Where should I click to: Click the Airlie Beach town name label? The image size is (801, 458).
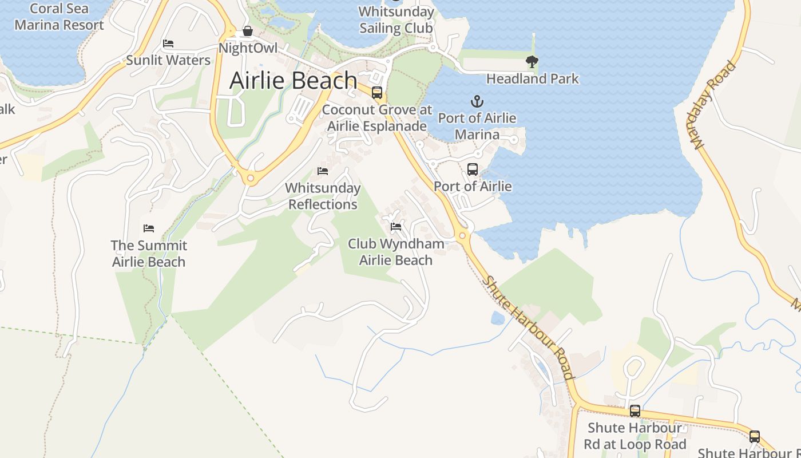point(293,81)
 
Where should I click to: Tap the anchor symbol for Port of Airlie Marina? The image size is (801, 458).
point(477,102)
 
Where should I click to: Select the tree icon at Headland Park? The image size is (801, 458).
point(532,61)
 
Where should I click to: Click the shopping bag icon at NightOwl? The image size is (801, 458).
point(248,31)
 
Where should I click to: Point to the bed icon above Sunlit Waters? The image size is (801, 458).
point(168,44)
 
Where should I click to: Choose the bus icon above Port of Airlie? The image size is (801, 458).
point(472,169)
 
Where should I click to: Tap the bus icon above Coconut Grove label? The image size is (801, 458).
point(376,92)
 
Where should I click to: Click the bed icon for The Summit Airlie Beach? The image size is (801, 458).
point(149,228)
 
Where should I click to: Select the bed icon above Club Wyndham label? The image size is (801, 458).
point(395,227)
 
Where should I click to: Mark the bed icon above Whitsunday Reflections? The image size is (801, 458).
point(323,171)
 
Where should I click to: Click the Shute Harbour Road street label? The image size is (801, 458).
point(527,328)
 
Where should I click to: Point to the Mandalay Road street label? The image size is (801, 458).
point(715,105)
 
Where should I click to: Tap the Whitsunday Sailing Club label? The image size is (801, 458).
point(396,19)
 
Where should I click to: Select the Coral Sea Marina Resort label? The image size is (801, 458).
point(59,17)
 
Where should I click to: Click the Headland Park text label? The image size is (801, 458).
point(533,78)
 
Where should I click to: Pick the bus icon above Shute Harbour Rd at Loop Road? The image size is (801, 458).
point(635,410)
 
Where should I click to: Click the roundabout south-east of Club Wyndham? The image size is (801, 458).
point(462,235)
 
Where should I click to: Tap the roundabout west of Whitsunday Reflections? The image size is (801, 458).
point(250,179)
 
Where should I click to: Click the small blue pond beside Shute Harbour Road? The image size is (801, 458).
point(497,318)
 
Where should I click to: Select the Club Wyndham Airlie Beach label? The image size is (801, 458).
point(396,252)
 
